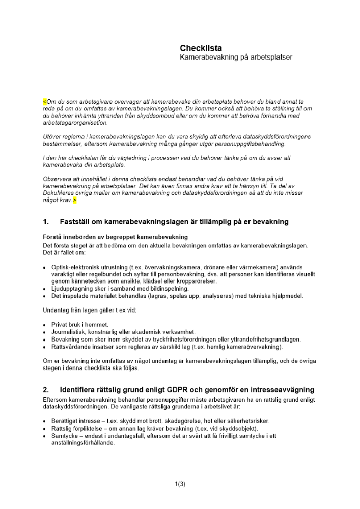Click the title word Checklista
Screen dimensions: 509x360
(201, 48)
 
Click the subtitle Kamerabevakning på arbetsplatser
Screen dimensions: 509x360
(236, 58)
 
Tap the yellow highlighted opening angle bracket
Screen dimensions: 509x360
(44, 102)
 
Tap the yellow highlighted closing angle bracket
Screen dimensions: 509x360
(75, 201)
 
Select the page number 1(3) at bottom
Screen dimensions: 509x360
(180, 484)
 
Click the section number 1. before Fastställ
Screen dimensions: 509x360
(46, 222)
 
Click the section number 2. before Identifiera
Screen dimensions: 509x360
(46, 390)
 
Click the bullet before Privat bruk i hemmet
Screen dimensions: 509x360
(45, 324)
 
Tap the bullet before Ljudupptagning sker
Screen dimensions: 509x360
(45, 289)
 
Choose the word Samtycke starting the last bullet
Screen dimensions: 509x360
(66, 436)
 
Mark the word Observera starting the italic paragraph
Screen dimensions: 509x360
(59, 179)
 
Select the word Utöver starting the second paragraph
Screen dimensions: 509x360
(52, 137)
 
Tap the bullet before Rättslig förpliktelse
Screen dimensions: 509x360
(45, 429)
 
